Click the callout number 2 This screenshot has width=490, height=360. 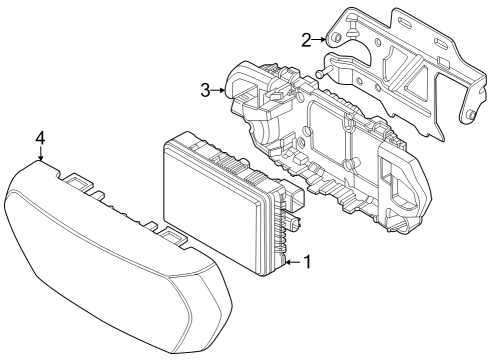tap(306, 39)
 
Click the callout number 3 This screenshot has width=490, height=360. tap(205, 91)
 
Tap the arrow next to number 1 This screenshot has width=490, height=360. tap(291, 263)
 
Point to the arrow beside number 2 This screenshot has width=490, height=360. tap(322, 39)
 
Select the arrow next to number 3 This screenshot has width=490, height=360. tap(220, 91)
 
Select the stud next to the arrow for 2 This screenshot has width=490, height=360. tap(337, 39)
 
